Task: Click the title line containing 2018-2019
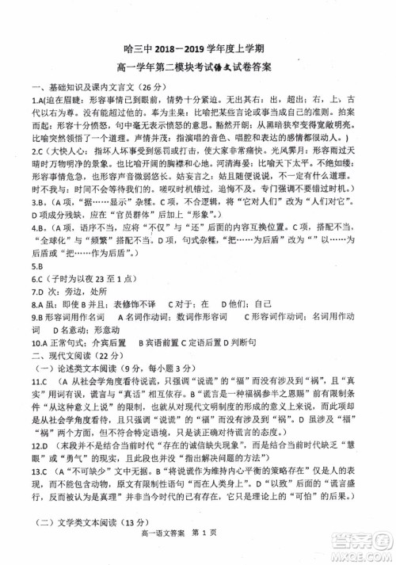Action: click(x=198, y=47)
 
